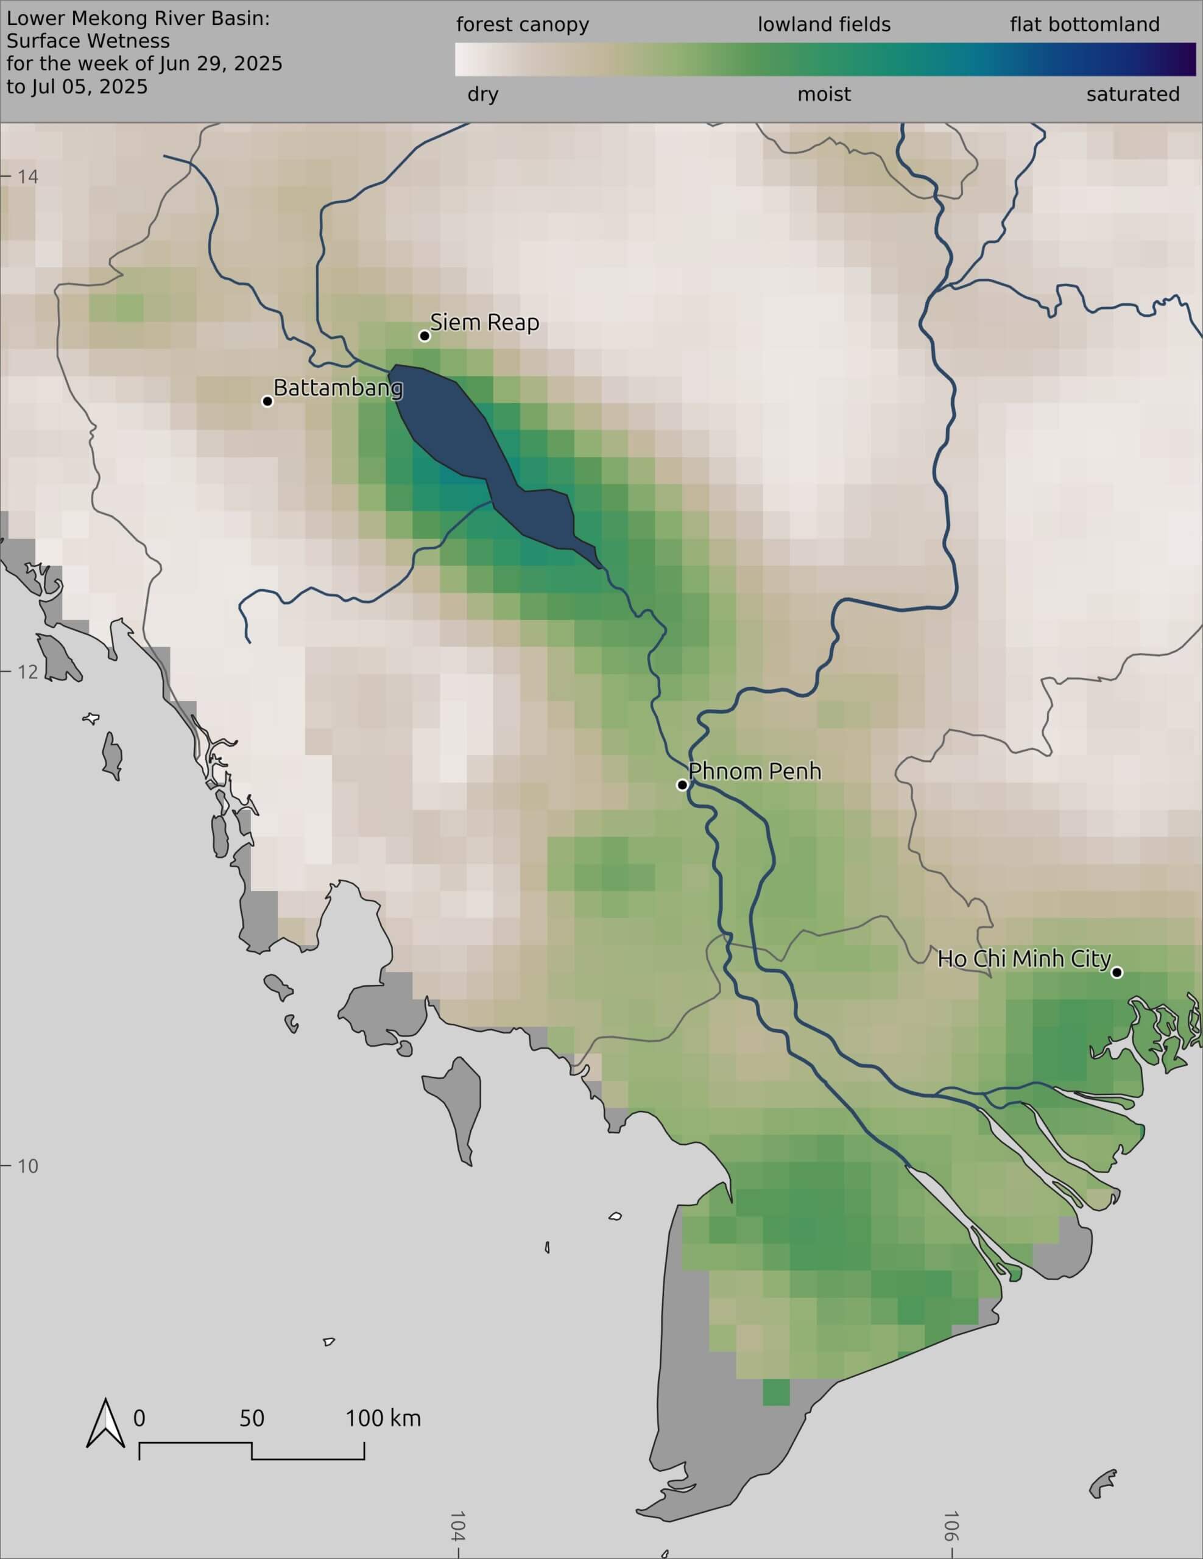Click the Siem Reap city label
pos(484,323)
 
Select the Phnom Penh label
pos(755,772)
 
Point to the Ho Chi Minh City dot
pos(1117,972)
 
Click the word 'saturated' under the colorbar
pos(1132,94)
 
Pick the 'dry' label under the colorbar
pos(482,94)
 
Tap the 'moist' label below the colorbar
pos(824,94)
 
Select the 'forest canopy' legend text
pos(523,25)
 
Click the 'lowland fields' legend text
pos(824,25)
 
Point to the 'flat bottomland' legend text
pos(1084,25)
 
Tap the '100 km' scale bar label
pos(383,1418)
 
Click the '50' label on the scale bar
pos(252,1418)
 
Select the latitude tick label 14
pos(27,177)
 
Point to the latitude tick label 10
pos(27,1166)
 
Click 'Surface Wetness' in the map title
pos(88,41)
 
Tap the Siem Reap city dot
pos(425,336)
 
